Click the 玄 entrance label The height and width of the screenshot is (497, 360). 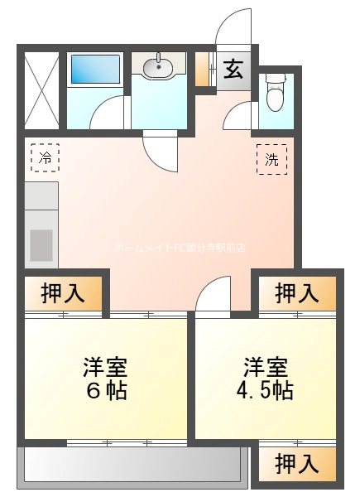(233, 69)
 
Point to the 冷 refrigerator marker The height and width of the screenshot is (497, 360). (46, 156)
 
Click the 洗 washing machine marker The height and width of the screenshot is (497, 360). (272, 158)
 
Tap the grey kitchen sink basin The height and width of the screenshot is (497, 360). (41, 245)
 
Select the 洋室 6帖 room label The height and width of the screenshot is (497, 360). (105, 378)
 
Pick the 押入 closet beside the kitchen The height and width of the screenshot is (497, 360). (63, 292)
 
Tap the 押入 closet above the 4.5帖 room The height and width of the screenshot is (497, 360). (296, 292)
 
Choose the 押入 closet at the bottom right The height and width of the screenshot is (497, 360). (296, 463)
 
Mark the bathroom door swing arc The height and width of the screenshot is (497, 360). (107, 113)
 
